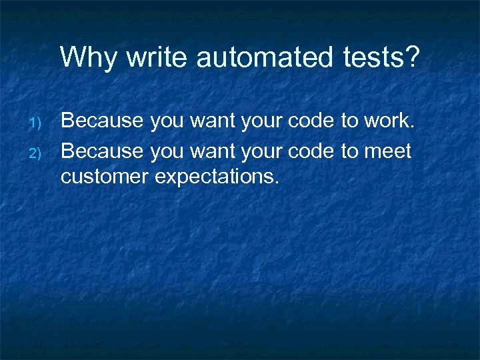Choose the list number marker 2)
tap(37, 154)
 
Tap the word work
tap(390, 121)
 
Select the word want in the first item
tap(213, 121)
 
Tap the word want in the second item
tap(213, 152)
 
